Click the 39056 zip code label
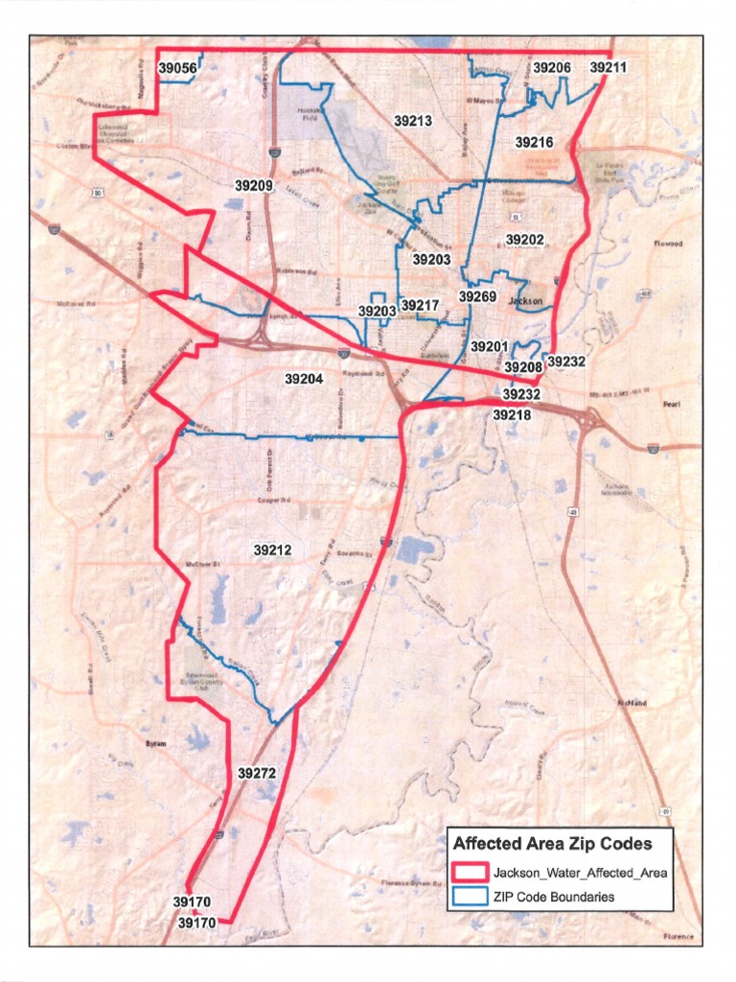point(177,68)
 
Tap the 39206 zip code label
point(552,68)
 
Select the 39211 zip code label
point(609,68)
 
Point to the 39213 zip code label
point(413,122)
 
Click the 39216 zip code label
point(534,142)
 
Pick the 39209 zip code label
point(254,184)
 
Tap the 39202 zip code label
point(524,239)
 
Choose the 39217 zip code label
point(420,306)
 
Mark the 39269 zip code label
point(477,297)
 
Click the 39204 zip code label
point(304,379)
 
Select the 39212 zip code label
point(273,550)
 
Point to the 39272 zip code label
point(257,772)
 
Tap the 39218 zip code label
point(512,415)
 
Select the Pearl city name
point(670,405)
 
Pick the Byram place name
point(155,743)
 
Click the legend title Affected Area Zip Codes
point(552,845)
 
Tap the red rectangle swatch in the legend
point(469,874)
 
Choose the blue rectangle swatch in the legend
point(469,898)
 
